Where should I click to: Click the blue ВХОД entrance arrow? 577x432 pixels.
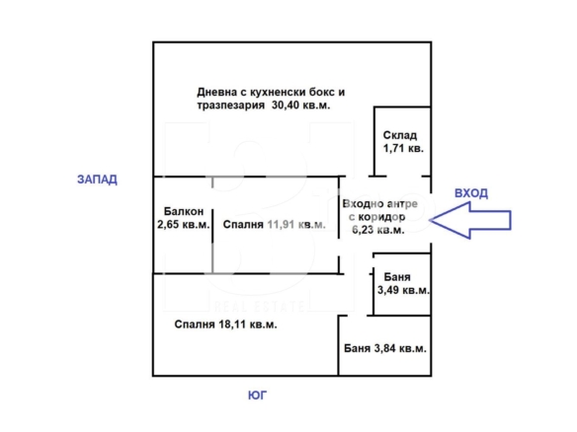point(470,220)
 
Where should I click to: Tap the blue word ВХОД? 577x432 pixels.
point(471,193)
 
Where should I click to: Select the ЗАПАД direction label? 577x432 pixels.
point(97,180)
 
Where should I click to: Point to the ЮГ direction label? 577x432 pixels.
point(257,396)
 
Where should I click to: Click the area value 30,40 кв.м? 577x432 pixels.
point(300,106)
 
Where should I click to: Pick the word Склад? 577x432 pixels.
point(400,135)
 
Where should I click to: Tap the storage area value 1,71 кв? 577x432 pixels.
point(403,148)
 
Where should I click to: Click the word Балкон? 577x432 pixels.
point(184,211)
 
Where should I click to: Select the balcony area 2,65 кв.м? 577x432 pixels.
point(184,224)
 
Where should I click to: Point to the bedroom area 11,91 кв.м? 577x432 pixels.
point(296,225)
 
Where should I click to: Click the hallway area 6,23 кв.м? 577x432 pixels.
point(378,230)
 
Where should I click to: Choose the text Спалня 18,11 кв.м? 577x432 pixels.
point(225,324)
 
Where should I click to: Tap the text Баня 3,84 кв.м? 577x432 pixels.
point(385,348)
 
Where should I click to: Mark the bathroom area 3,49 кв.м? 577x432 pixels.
point(403,290)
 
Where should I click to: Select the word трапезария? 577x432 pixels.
point(231,106)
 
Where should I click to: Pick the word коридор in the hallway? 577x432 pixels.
point(381,217)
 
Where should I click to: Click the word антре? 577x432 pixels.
point(402,204)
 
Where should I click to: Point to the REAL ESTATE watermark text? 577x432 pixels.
point(259,307)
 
